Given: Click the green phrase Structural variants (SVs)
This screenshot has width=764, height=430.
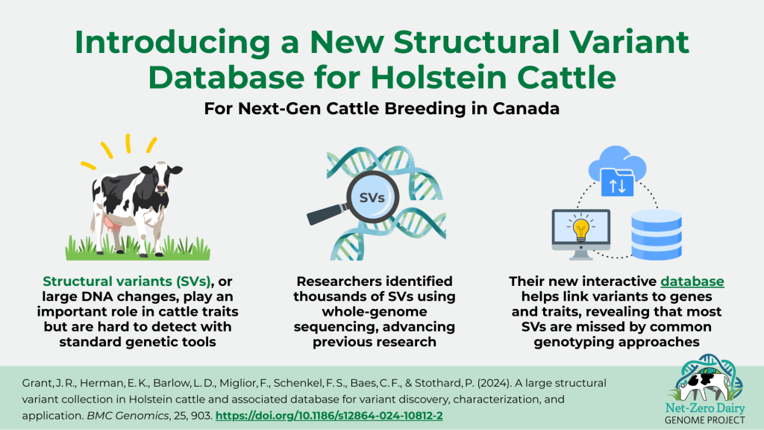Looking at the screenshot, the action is point(127,281).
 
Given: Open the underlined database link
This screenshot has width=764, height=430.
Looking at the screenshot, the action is point(692,281).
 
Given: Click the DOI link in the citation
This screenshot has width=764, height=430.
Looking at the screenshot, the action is point(329,415).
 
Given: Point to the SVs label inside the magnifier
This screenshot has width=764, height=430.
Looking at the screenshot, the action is point(372,198).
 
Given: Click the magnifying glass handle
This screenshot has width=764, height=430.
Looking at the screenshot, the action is point(325,214).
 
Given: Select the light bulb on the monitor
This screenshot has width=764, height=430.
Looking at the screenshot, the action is point(580,228).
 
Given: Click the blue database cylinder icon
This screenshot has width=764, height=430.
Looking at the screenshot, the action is point(657,234).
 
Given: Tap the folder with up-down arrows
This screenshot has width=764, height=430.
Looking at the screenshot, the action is point(617,182).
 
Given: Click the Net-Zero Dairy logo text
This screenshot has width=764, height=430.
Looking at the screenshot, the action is point(704,414).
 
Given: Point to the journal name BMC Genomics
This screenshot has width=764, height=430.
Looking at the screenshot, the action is point(127,416).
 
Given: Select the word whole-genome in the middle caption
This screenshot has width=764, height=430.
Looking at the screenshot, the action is point(375,311).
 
